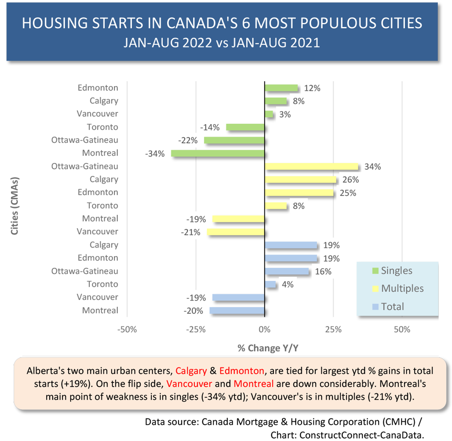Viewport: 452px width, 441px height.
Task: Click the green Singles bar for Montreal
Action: tap(218, 153)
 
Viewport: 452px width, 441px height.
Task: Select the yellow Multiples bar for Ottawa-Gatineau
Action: tap(311, 167)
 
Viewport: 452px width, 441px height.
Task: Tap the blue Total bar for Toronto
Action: tap(270, 284)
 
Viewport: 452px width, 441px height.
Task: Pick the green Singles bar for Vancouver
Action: tap(269, 114)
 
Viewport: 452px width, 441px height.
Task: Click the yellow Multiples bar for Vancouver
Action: tap(235, 232)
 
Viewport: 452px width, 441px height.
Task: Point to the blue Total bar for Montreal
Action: tap(237, 311)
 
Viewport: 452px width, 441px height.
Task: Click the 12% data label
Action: tap(312, 88)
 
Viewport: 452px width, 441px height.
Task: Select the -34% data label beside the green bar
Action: tap(155, 154)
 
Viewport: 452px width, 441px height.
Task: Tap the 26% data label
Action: tap(351, 180)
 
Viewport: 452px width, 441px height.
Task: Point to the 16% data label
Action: tap(323, 271)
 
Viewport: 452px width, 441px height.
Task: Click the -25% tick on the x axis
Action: tap(195, 329)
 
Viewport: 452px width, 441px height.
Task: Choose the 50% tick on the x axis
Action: tap(402, 329)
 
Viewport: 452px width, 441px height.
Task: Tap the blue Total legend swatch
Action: tap(376, 307)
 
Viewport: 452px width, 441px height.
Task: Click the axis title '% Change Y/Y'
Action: tap(268, 348)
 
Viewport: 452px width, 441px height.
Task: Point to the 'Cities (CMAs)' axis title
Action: tap(15, 206)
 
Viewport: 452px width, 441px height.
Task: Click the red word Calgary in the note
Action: tap(191, 371)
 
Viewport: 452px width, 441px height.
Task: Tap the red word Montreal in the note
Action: tap(253, 384)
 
